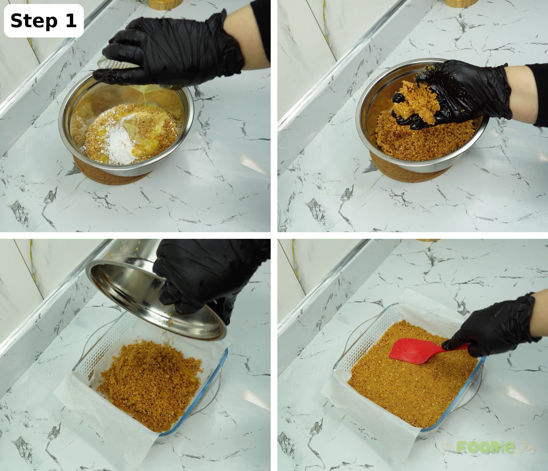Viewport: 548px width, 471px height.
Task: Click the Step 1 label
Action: coord(43,21)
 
